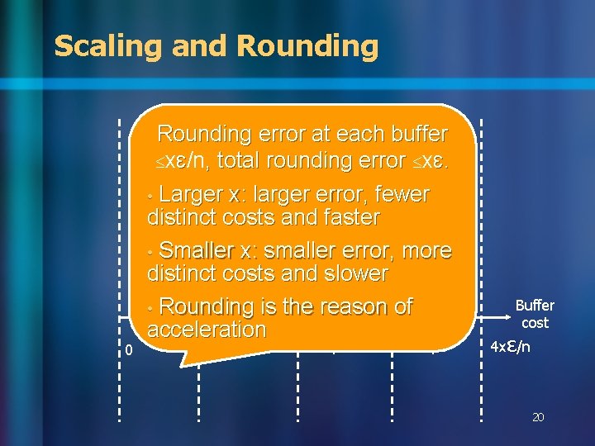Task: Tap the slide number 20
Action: tap(538, 418)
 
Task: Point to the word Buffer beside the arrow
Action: tap(535, 306)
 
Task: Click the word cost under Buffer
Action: tap(535, 323)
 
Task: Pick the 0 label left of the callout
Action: tap(128, 351)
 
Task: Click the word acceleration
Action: tap(207, 330)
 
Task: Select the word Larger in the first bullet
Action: tap(190, 195)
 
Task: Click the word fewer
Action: tap(402, 195)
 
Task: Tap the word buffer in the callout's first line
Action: tap(415, 134)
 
